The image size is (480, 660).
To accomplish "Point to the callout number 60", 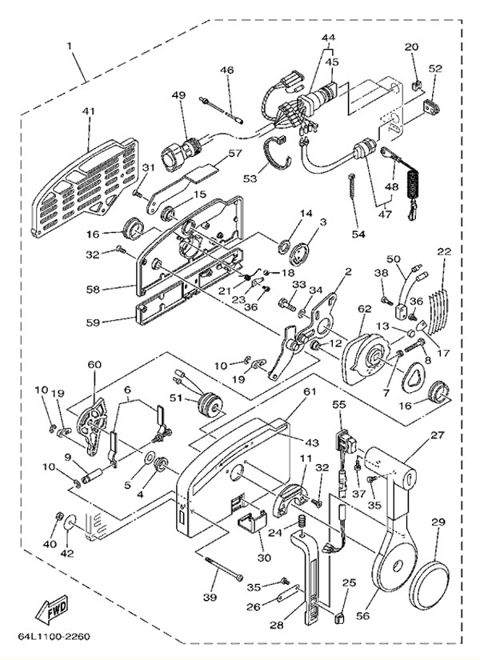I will point(95,365).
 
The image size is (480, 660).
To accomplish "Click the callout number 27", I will point(436,435).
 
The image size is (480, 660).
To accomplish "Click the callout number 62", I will point(365,307).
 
